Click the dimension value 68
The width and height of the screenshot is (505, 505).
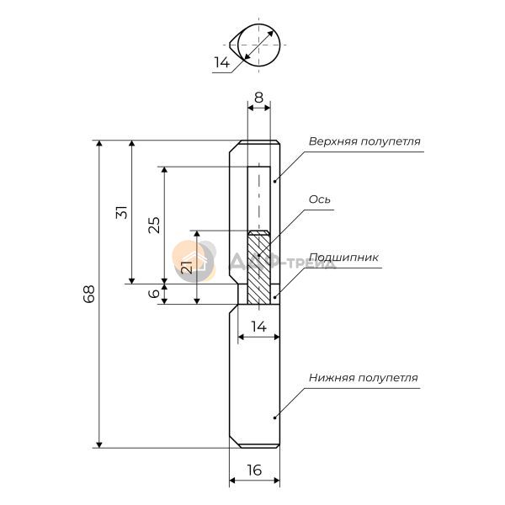coord(89,294)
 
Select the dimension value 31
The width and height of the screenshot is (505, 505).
coord(122,212)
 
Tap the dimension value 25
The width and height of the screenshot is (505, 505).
coord(154,225)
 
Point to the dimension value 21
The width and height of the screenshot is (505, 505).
coord(187,267)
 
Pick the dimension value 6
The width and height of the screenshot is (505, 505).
coord(155,294)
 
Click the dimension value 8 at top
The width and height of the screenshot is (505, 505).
coord(258,98)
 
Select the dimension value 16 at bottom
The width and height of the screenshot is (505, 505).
coord(254,470)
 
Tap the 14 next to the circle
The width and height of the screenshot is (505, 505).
coord(222,62)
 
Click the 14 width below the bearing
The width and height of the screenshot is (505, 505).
coord(259,327)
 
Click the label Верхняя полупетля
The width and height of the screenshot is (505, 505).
coord(364,141)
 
